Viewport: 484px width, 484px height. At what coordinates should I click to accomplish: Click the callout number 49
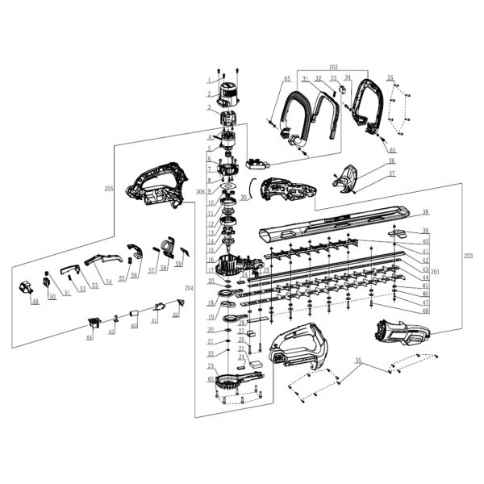(x=35, y=301)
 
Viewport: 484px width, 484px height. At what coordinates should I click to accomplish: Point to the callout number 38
(x=426, y=213)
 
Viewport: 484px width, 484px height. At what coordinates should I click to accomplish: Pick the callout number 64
(x=90, y=336)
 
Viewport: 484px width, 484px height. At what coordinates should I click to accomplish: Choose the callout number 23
(x=211, y=366)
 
